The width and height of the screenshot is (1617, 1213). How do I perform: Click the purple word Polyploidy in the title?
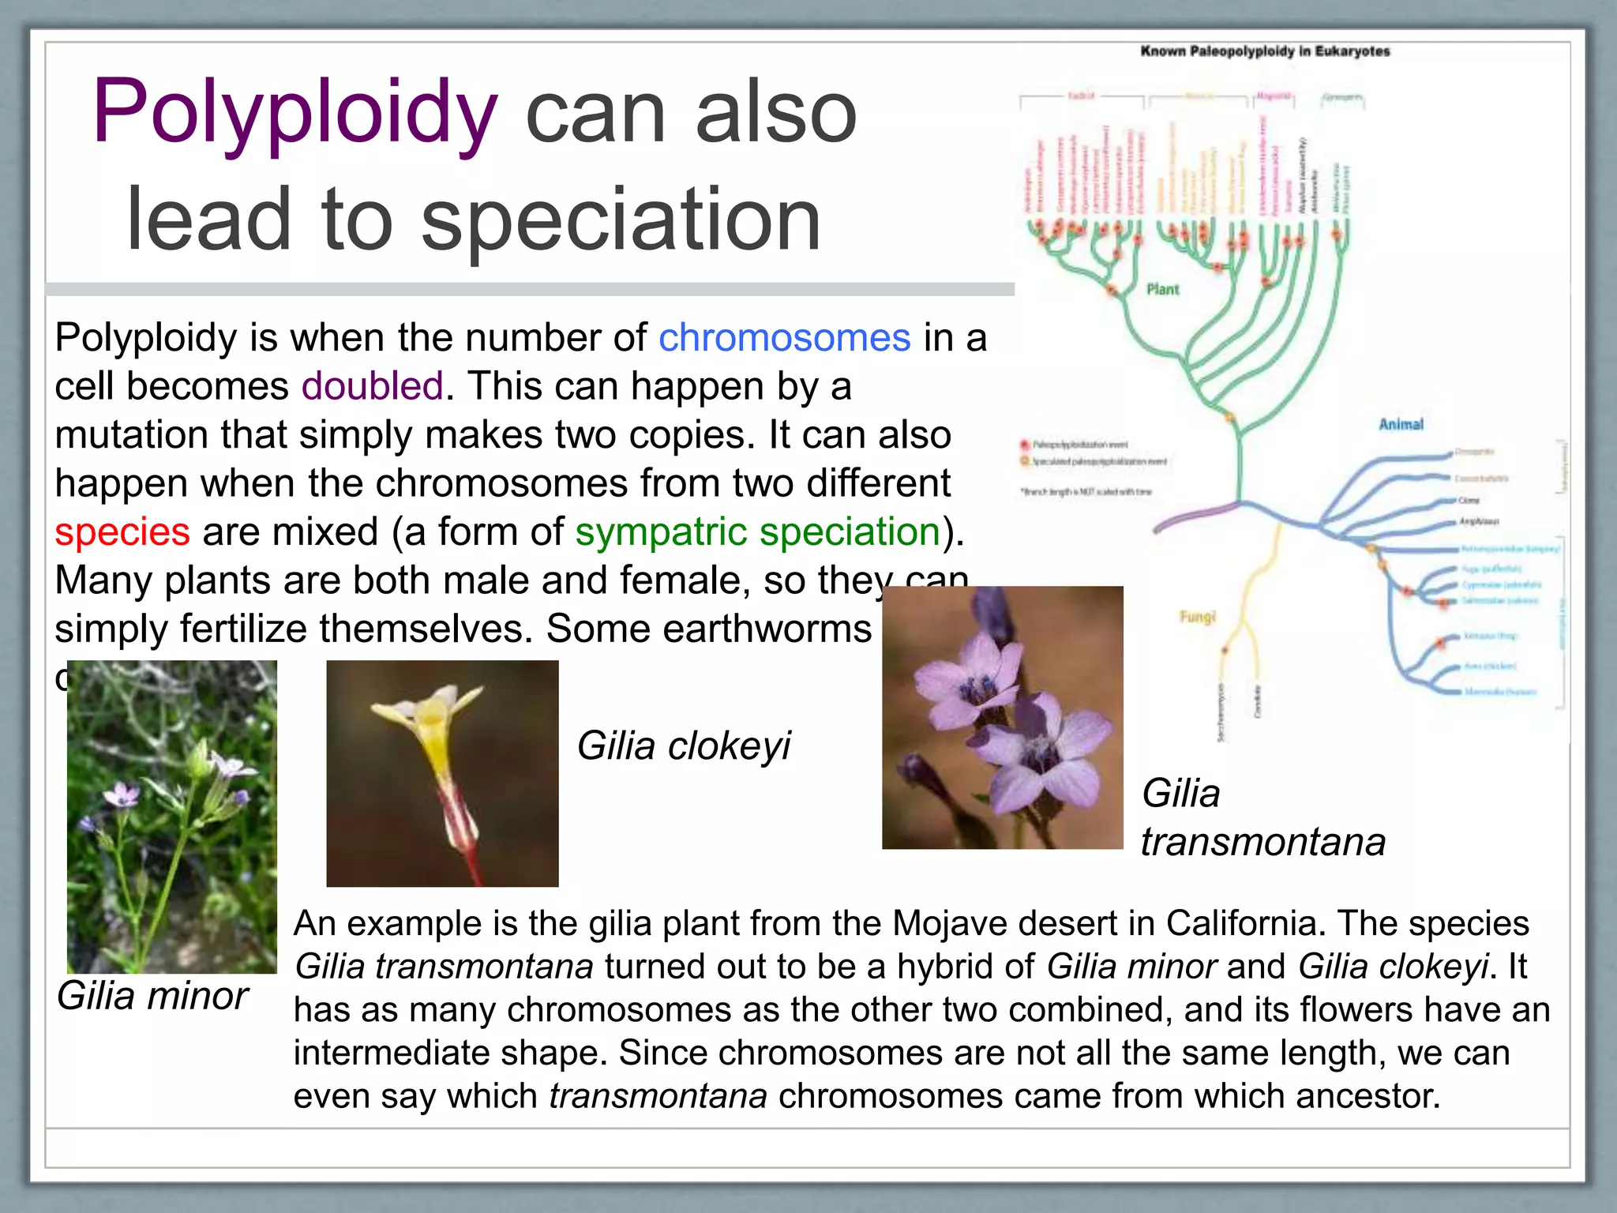pos(295,112)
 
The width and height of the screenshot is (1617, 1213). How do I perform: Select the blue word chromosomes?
pos(784,338)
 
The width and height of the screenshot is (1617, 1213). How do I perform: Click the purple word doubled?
pos(372,386)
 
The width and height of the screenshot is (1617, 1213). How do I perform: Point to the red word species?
pos(122,531)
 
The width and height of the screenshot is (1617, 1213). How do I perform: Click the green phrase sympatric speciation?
pos(757,531)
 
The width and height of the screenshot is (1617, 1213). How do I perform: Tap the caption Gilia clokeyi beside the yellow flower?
pos(683,745)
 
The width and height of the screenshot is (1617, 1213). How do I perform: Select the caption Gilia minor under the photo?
pos(152,995)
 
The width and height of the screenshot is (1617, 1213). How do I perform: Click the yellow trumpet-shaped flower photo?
pos(442,773)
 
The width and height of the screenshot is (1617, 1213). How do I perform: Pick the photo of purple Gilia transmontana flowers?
pos(1002,717)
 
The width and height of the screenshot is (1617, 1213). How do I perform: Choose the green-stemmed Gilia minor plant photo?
pos(172,817)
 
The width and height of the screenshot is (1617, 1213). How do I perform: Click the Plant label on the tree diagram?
pos(1162,290)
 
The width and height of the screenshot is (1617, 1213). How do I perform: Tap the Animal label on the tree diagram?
pos(1401,424)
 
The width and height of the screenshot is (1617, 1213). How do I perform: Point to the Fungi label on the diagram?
pos(1197,617)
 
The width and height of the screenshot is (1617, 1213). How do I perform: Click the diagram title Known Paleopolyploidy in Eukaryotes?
pos(1265,51)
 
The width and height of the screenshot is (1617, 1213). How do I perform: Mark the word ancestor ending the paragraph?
pos(1367,1096)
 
